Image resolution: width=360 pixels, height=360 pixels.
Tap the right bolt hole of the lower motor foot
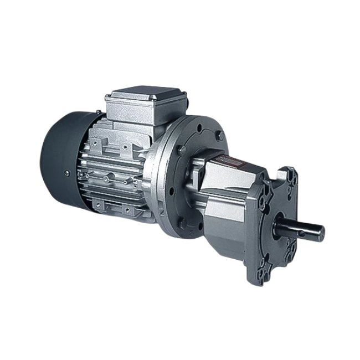click(128, 210)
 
